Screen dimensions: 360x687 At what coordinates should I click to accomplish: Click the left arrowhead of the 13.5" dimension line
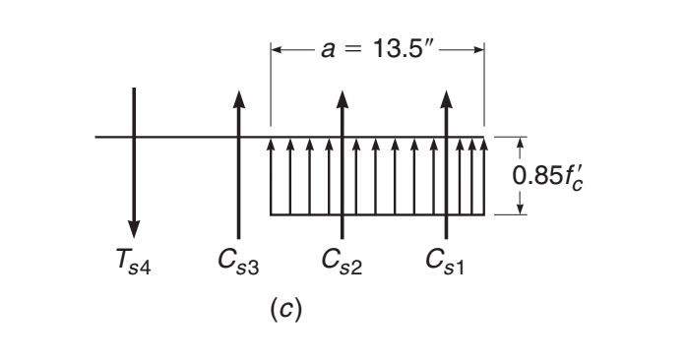pyautogui.click(x=277, y=46)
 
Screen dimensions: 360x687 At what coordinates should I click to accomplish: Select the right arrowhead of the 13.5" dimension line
pyautogui.click(x=479, y=46)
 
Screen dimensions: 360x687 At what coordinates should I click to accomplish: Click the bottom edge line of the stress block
pyautogui.click(x=377, y=214)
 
